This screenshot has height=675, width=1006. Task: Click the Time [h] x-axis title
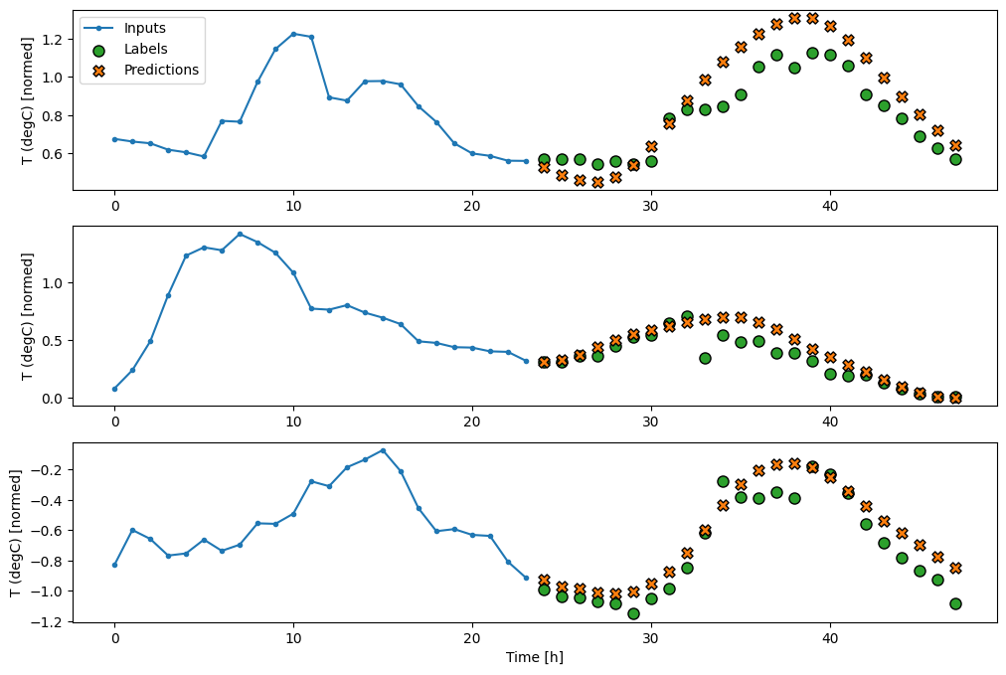[x=536, y=657]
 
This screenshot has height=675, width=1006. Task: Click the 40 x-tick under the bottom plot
[x=830, y=637]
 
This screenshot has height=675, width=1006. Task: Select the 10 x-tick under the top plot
[x=293, y=205]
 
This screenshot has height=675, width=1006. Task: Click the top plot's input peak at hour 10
[x=293, y=34]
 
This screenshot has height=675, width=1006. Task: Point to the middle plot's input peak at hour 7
[x=240, y=234]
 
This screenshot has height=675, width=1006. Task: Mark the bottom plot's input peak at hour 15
[x=383, y=450]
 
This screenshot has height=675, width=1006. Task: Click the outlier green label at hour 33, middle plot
[x=705, y=358]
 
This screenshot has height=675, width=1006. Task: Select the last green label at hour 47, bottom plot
[x=955, y=603]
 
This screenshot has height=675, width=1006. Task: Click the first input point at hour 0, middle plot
[x=114, y=389]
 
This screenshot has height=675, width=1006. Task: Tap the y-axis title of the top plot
[x=27, y=99]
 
